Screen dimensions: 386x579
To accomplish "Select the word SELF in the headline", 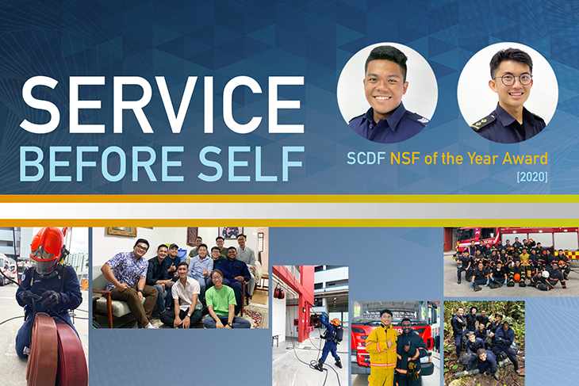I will (x=251, y=163).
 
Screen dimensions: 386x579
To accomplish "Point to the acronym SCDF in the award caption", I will (x=366, y=159).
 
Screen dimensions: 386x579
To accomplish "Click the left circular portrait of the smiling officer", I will (x=387, y=92).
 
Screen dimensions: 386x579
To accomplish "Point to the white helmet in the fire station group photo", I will (x=545, y=274).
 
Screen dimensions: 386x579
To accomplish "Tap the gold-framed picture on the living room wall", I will (x=123, y=231).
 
